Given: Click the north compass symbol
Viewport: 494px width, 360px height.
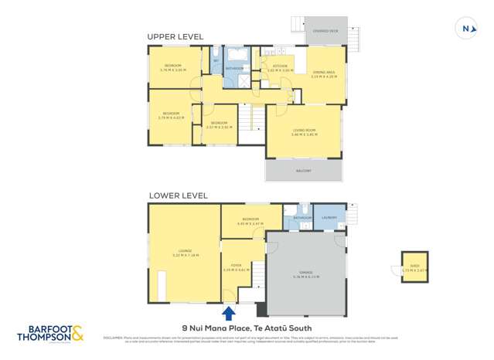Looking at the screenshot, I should [465, 29].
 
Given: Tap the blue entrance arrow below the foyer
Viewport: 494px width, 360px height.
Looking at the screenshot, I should [229, 313].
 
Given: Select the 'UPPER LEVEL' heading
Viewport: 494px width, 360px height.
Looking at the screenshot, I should [175, 36].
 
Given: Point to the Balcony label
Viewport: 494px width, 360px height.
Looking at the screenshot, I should [303, 171].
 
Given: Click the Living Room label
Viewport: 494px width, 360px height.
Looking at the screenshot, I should [303, 132].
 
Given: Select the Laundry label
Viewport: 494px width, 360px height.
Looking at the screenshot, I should [329, 218].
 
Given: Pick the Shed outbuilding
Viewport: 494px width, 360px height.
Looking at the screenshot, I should [413, 267].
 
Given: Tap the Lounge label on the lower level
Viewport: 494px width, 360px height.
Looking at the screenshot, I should [185, 252].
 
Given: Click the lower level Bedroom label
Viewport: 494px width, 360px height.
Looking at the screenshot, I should [250, 220].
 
